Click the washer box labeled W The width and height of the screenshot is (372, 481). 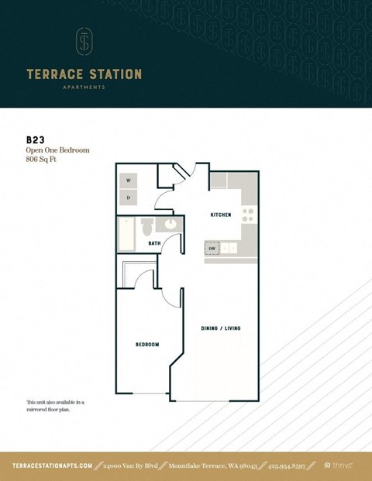tap(129, 180)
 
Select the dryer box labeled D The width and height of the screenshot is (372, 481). tap(129, 198)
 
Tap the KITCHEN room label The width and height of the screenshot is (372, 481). tap(221, 215)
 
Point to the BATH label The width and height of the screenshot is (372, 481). tap(154, 243)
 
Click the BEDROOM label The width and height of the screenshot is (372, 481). tap(147, 344)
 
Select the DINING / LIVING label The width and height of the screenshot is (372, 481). tap(222, 328)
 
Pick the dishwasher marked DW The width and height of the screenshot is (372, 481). tap(212, 248)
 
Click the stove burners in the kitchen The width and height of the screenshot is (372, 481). tap(248, 214)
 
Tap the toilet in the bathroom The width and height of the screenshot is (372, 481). tap(147, 227)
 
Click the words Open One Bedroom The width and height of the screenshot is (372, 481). tap(57, 149)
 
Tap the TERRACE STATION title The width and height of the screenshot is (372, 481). tap(84, 74)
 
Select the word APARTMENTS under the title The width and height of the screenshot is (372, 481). tap(84, 88)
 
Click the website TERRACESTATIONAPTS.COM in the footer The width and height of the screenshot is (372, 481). tap(53, 466)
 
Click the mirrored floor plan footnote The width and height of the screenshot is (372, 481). tap(54, 406)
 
